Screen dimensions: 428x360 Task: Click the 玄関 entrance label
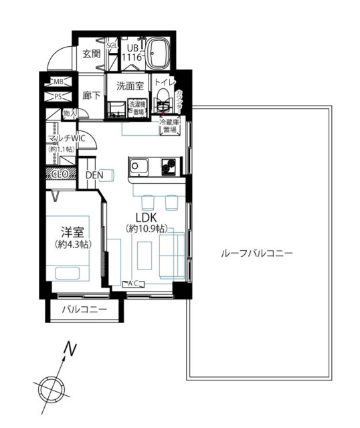[91, 54]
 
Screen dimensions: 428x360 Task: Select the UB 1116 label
[132, 54]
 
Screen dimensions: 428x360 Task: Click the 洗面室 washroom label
[130, 86]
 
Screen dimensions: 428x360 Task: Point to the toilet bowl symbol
[163, 104]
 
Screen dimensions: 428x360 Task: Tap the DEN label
[95, 175]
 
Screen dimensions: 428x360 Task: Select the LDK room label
[146, 218]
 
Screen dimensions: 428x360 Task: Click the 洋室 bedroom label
[72, 232]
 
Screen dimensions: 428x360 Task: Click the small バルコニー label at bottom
[84, 310]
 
